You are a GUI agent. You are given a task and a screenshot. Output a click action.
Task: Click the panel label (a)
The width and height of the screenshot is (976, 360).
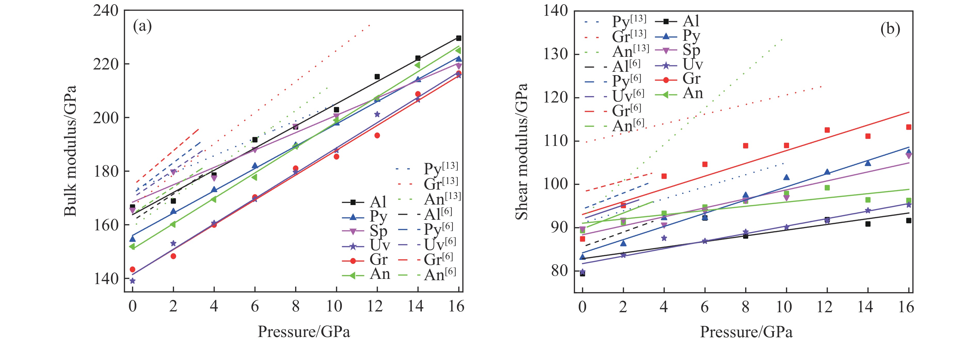pyautogui.click(x=143, y=27)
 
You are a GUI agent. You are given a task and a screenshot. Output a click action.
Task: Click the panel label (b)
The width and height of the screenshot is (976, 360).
pyautogui.click(x=890, y=29)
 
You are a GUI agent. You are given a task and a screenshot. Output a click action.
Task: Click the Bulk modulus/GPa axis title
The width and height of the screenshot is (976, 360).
pyautogui.click(x=70, y=151)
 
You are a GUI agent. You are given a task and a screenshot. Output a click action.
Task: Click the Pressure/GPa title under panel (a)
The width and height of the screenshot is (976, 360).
pyautogui.click(x=304, y=332)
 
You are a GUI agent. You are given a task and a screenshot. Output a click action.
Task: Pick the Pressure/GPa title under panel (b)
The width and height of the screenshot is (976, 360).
pyautogui.click(x=746, y=332)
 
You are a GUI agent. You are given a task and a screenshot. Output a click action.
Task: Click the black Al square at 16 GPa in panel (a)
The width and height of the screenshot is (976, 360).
pyautogui.click(x=459, y=38)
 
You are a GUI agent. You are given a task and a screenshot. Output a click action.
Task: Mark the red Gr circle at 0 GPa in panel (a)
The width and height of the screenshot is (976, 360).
pyautogui.click(x=132, y=269)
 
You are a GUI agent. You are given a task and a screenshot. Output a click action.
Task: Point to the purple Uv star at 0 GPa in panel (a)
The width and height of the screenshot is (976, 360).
pyautogui.click(x=132, y=281)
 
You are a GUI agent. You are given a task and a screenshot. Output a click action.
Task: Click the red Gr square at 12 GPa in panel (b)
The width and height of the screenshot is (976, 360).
pyautogui.click(x=827, y=130)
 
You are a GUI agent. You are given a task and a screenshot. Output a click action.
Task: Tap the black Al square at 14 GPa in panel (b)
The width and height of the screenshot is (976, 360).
pyautogui.click(x=868, y=224)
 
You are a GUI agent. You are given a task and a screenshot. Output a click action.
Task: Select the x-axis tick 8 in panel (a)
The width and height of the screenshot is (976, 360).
pyautogui.click(x=296, y=306)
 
